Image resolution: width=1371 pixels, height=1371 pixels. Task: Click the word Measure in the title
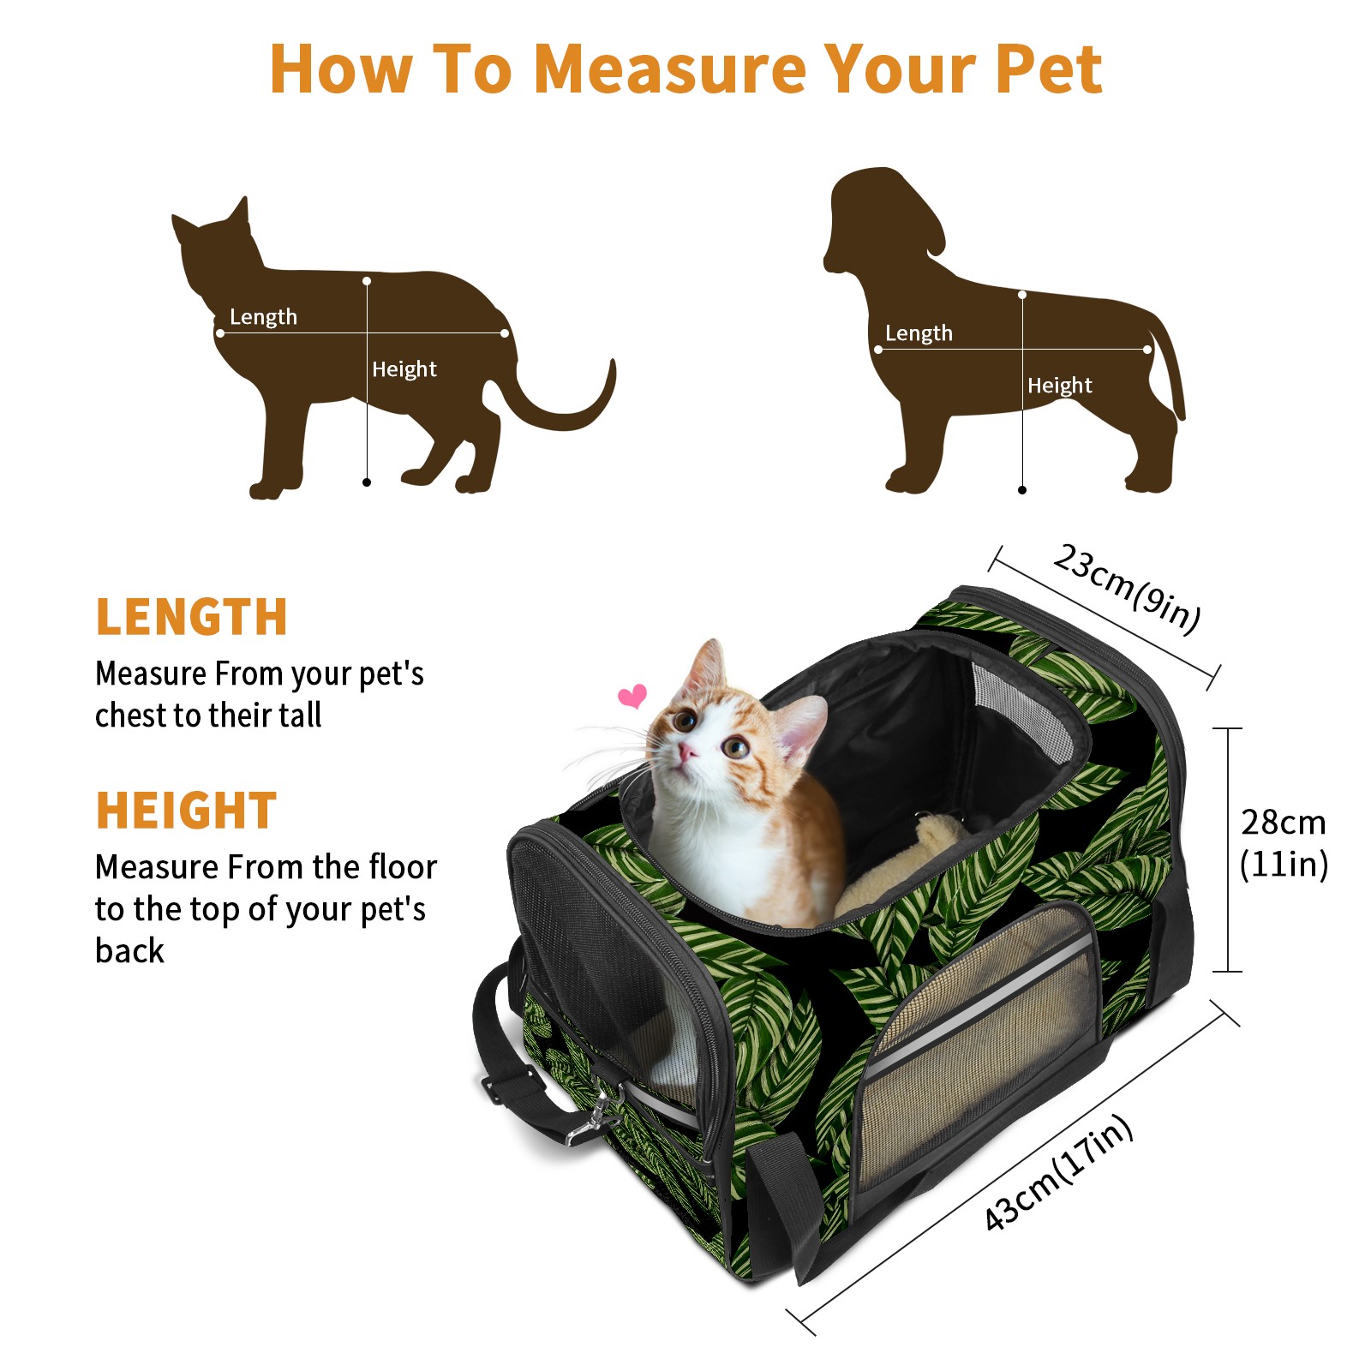(x=671, y=69)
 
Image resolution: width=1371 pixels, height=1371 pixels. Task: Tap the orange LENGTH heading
(x=191, y=617)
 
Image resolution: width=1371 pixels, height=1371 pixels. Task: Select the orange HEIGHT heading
(x=186, y=811)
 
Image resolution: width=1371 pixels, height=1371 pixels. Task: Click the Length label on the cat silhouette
(x=263, y=317)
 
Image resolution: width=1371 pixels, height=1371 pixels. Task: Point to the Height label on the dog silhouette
(x=1059, y=386)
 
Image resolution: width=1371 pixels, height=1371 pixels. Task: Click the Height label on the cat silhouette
(x=404, y=369)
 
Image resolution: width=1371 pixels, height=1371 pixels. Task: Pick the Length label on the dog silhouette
(x=919, y=333)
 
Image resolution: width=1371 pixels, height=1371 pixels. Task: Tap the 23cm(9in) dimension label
(x=1127, y=589)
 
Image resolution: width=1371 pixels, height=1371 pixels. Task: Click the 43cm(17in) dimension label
(x=1059, y=1172)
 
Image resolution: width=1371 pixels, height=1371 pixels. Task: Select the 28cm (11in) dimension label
(x=1284, y=843)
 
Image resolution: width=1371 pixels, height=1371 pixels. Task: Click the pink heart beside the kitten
(x=632, y=696)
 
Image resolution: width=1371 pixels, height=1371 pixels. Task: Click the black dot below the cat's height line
(x=367, y=482)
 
